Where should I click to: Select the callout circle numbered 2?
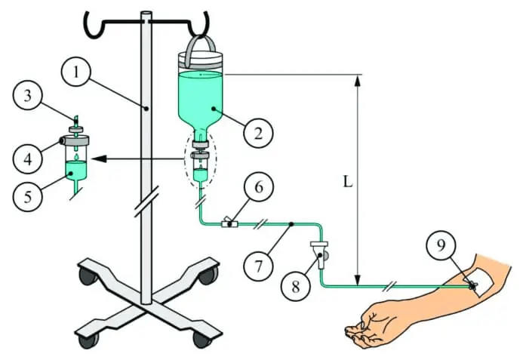coord(258,134)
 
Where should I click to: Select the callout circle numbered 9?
coord(441,245)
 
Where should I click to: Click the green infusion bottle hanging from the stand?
coord(200,94)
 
